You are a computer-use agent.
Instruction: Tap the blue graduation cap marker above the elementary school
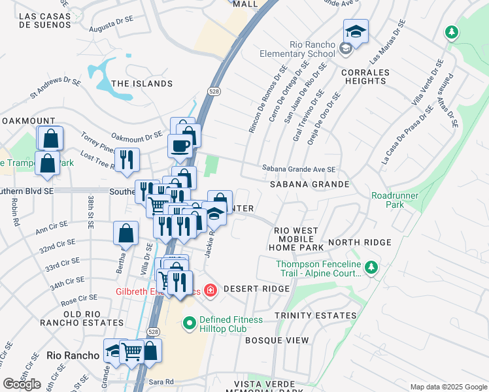(x=356, y=31)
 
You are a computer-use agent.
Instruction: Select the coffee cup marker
(x=180, y=146)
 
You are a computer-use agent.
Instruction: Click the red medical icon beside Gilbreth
(x=211, y=289)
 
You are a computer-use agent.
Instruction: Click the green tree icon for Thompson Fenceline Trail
(x=371, y=267)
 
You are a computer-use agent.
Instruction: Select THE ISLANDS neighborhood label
(x=142, y=84)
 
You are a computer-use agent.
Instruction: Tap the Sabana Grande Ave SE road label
(x=298, y=169)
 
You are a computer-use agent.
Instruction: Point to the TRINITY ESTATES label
(x=315, y=316)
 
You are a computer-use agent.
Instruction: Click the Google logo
(x=22, y=384)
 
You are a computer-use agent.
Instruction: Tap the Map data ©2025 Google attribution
(x=448, y=387)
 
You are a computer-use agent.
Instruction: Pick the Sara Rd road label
(x=160, y=382)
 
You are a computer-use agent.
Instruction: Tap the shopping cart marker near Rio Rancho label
(x=133, y=350)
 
